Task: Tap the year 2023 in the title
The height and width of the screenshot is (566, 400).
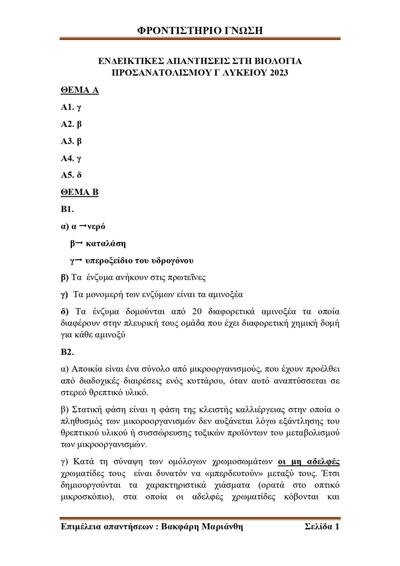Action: tap(277, 73)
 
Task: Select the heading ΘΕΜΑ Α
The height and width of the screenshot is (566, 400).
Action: tap(79, 90)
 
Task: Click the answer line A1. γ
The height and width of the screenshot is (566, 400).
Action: tap(71, 107)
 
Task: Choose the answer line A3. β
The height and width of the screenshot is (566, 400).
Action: tap(71, 141)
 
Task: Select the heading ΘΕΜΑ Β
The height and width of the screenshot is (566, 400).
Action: tap(79, 192)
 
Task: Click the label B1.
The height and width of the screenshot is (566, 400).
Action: tap(67, 209)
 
